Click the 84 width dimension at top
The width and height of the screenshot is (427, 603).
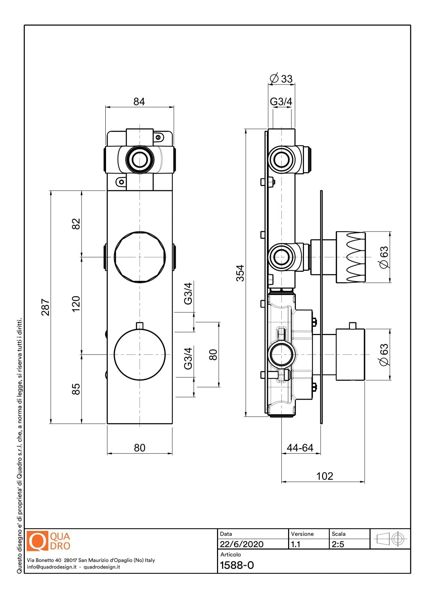point(139,102)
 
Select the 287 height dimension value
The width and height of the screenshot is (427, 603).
point(45,307)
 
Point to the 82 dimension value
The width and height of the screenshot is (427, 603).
point(76,223)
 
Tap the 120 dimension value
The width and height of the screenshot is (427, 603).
point(76,304)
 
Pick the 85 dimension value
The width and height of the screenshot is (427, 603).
point(76,389)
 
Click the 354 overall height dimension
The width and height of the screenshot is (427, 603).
point(240,273)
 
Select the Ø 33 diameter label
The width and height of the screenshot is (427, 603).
point(281,79)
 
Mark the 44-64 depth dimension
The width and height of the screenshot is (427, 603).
point(300,448)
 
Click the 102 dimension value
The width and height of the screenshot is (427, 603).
point(324,476)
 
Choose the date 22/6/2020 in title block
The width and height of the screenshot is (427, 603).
point(242,544)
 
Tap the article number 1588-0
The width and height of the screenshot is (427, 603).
point(237,565)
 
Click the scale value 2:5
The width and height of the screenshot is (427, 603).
point(338,544)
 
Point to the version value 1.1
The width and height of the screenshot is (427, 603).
point(296,544)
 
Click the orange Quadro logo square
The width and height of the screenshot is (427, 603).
point(37,541)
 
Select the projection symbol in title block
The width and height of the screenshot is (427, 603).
point(390,539)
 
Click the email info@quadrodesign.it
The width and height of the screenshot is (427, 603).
point(52,567)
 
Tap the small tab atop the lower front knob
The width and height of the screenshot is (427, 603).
point(140,325)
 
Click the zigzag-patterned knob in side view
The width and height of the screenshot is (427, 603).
point(351,257)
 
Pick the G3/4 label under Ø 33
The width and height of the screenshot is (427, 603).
point(281,101)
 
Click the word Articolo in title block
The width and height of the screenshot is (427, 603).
point(230,554)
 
